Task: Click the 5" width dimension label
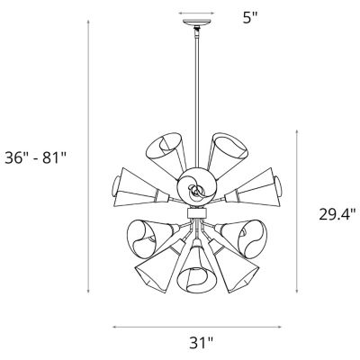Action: [238, 15]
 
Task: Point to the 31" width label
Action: [202, 343]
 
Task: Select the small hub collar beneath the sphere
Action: [193, 212]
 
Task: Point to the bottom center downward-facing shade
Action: [193, 274]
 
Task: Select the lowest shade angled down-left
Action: [153, 270]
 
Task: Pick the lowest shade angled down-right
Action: [236, 270]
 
